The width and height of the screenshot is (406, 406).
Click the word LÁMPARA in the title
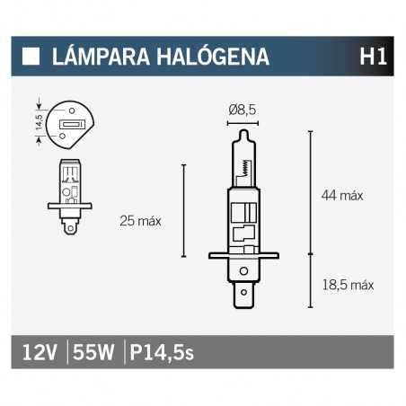coord(95,57)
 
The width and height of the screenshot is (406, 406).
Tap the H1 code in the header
coord(373,57)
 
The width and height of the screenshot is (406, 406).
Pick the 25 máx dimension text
coord(139,221)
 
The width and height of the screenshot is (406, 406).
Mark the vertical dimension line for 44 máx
coord(310,192)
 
